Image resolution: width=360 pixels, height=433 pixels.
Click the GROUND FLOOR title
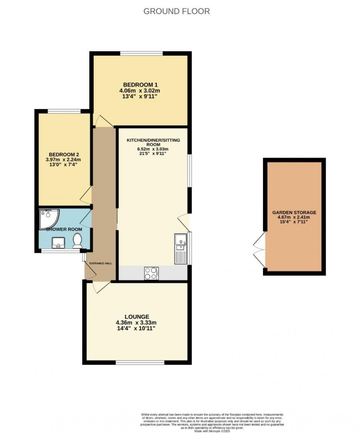176,11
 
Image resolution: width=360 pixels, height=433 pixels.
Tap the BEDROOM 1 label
140,85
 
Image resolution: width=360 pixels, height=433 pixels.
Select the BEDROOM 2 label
64,155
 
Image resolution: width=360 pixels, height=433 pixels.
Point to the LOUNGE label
137,317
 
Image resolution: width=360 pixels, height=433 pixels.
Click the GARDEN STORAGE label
294,213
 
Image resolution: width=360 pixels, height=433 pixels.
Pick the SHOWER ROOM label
64,229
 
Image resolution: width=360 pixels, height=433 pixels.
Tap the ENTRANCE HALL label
101,263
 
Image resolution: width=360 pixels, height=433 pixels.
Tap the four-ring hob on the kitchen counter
151,273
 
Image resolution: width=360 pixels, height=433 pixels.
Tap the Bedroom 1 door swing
103,121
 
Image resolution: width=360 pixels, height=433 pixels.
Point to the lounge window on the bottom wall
140,363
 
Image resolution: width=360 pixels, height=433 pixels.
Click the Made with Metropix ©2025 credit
212,431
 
